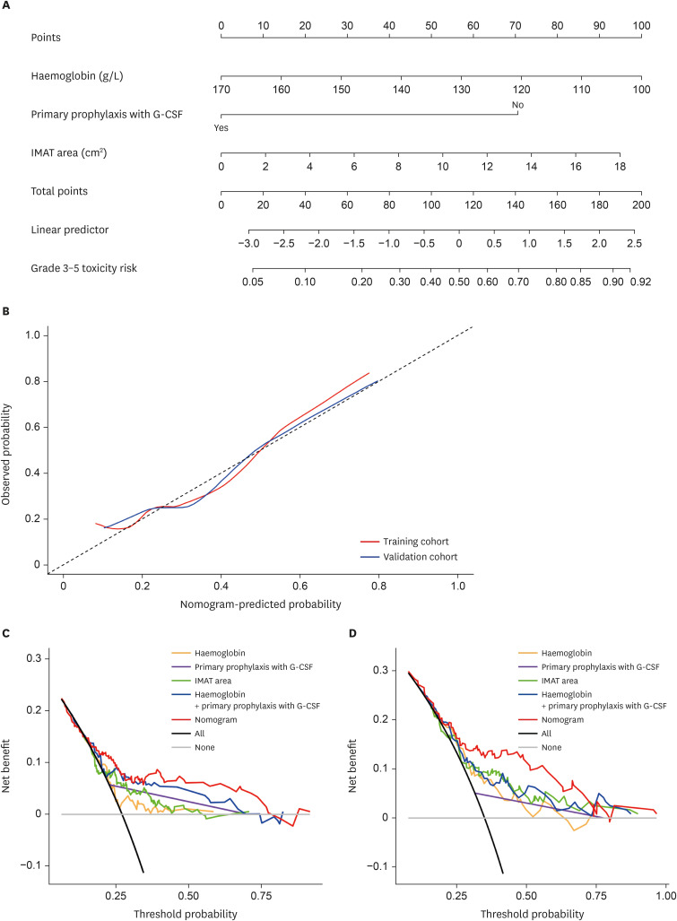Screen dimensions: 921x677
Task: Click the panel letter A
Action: point(7,6)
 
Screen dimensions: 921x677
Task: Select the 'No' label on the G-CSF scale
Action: point(517,105)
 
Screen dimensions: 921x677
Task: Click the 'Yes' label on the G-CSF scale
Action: point(221,128)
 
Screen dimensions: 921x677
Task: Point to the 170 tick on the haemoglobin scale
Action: point(221,90)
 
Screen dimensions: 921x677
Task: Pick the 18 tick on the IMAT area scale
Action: point(620,167)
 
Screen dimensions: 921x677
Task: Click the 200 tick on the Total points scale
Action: point(640,205)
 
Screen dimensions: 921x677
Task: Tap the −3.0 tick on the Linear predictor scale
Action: point(248,244)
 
